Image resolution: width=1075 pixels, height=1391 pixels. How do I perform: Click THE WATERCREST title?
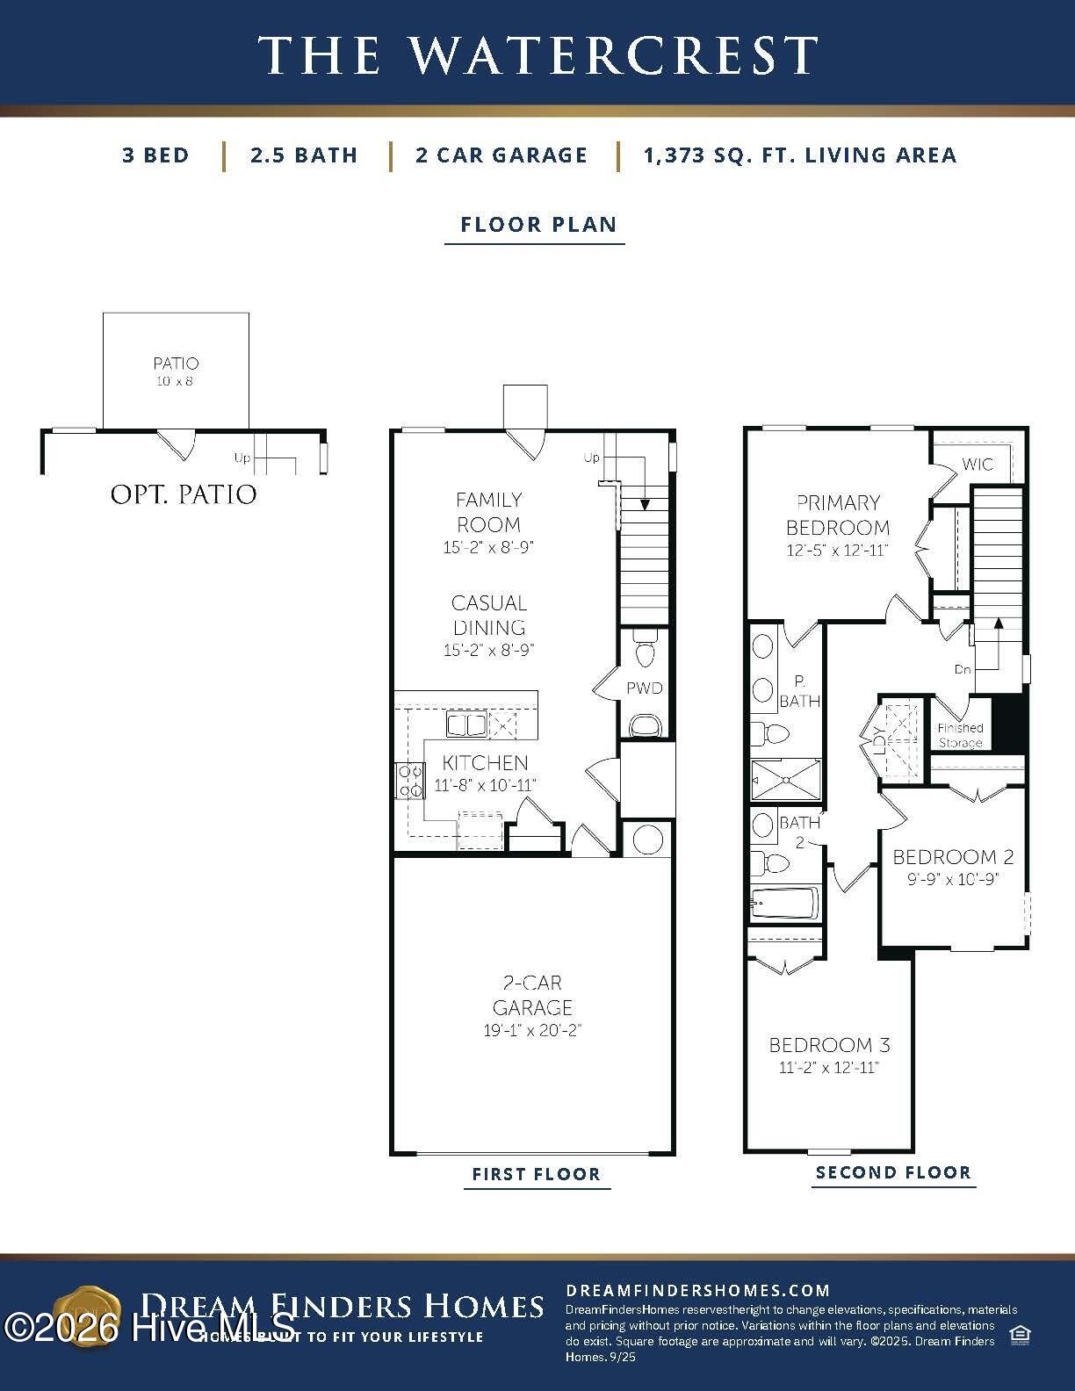point(537,54)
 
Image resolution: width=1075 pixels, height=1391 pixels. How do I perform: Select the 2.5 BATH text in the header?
point(304,155)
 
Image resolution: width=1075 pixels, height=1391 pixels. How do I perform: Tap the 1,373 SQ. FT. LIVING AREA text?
point(799,155)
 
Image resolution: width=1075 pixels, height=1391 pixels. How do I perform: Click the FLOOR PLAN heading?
point(537,224)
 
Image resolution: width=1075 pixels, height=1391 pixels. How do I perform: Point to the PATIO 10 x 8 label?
point(176,370)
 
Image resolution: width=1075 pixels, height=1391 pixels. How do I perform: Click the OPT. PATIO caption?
point(184,494)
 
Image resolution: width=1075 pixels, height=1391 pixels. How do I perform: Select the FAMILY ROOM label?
point(488,512)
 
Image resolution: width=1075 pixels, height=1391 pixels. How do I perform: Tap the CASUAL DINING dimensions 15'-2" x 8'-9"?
point(488,651)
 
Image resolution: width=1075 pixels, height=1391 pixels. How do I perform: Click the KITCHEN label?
point(485,762)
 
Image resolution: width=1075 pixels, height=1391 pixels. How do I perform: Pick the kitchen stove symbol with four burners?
point(409,781)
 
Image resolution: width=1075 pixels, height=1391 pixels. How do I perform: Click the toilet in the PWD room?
point(645,651)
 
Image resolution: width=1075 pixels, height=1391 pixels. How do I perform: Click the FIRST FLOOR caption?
point(536,1174)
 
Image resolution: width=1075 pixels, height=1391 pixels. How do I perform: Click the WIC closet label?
point(978,464)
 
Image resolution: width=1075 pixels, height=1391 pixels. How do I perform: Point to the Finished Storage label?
point(960,735)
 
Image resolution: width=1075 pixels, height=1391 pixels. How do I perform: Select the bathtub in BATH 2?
point(784,903)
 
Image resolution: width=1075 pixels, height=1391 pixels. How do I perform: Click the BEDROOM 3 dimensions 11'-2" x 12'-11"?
point(828,1068)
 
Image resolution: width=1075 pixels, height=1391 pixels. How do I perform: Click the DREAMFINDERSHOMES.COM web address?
point(697,1290)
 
